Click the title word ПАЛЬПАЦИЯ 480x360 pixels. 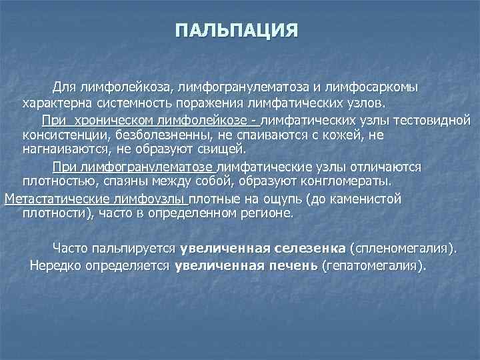(236, 31)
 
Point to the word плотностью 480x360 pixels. (57, 181)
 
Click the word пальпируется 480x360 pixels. (139, 249)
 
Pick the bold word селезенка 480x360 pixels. (307, 249)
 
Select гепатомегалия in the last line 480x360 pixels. (372, 265)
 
